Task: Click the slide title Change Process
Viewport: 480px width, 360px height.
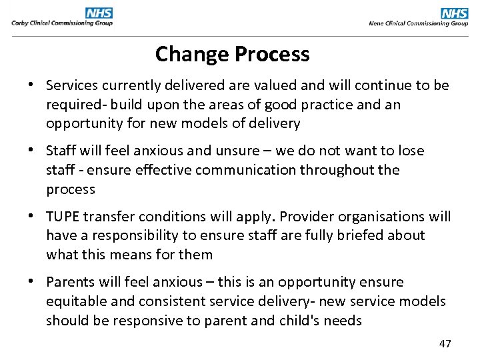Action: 232,54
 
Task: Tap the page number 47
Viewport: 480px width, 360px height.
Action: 445,344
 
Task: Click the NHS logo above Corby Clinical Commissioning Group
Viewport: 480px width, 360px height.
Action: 99,13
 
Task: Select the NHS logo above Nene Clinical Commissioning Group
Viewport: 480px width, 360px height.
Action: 455,13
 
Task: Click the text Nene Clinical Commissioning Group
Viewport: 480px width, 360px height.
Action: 419,23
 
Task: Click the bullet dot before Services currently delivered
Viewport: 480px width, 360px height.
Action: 31,86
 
